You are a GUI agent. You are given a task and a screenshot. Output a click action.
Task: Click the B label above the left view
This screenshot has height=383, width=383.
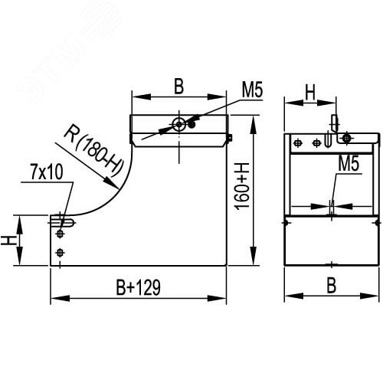[x=178, y=87]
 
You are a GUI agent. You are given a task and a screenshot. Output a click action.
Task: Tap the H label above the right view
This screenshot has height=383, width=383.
[x=309, y=93]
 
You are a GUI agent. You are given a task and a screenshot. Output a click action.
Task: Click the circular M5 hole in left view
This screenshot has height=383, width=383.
[x=178, y=126]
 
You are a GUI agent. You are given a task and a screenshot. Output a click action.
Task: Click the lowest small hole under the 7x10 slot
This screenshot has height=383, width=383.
[x=61, y=253]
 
